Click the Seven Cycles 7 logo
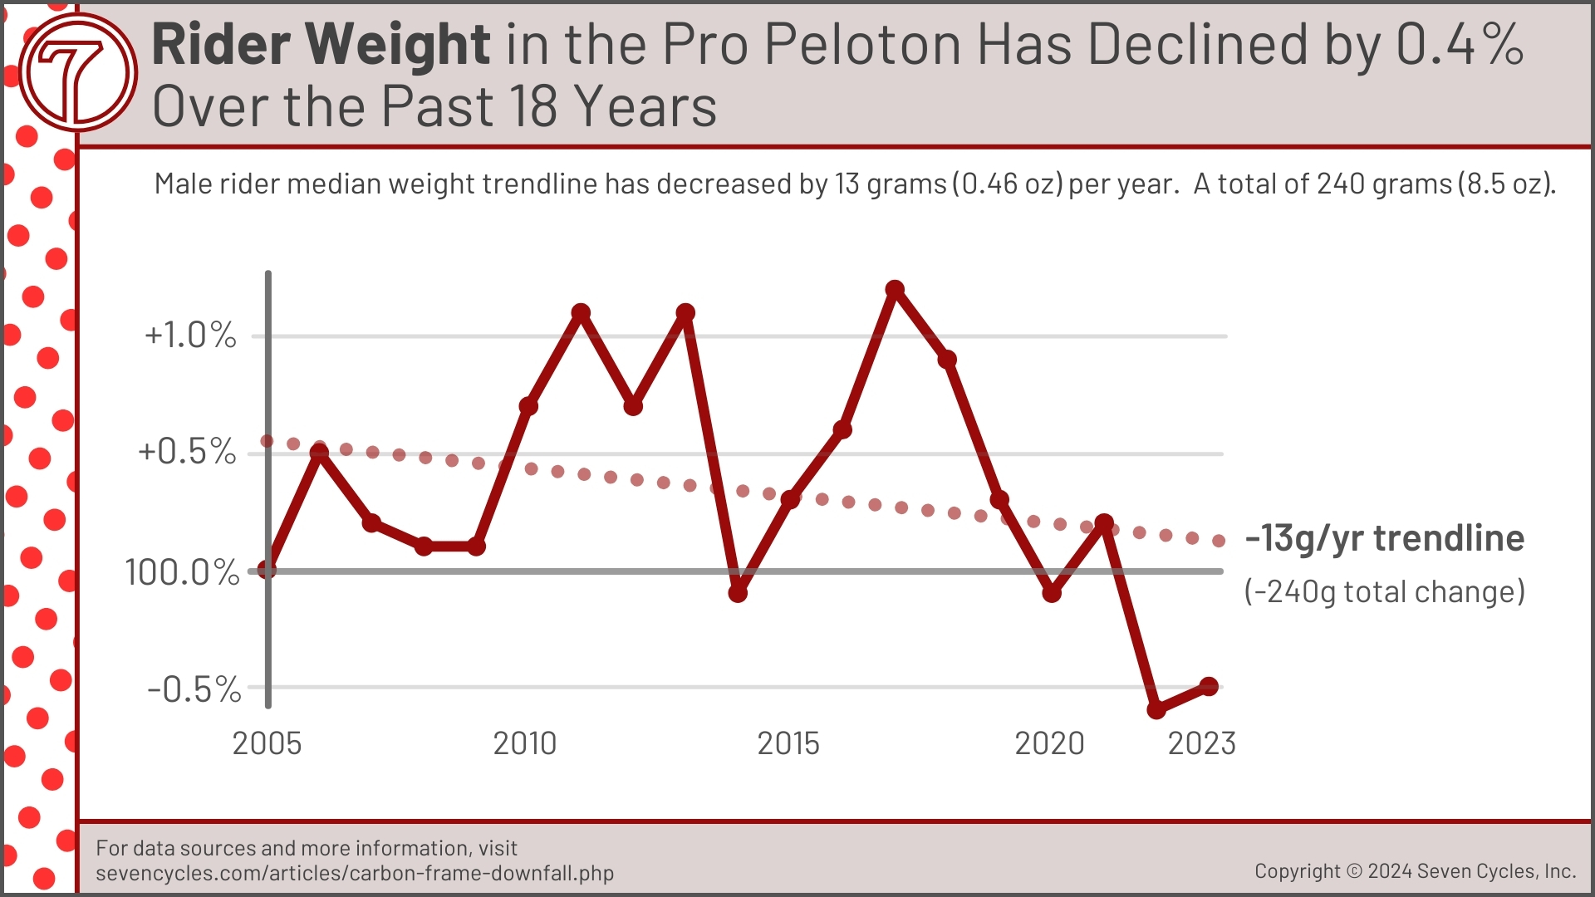tap(77, 72)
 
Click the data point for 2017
tap(895, 290)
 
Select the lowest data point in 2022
tap(1156, 710)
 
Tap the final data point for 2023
tap(1209, 687)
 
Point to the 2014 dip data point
tap(738, 593)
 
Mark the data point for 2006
tap(319, 453)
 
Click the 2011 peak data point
tap(581, 313)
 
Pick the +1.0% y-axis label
tap(190, 336)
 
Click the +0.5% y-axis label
tap(187, 452)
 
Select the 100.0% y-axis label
tap(182, 572)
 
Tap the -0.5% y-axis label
tap(194, 689)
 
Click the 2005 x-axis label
tap(267, 743)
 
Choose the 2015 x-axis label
tap(788, 743)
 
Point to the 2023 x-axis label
tap(1201, 743)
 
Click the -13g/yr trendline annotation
tap(1384, 538)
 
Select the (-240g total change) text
tap(1384, 591)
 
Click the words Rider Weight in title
tap(321, 44)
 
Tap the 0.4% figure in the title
tap(1460, 44)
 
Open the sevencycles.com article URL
tap(355, 873)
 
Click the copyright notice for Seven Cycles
tap(1415, 870)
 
